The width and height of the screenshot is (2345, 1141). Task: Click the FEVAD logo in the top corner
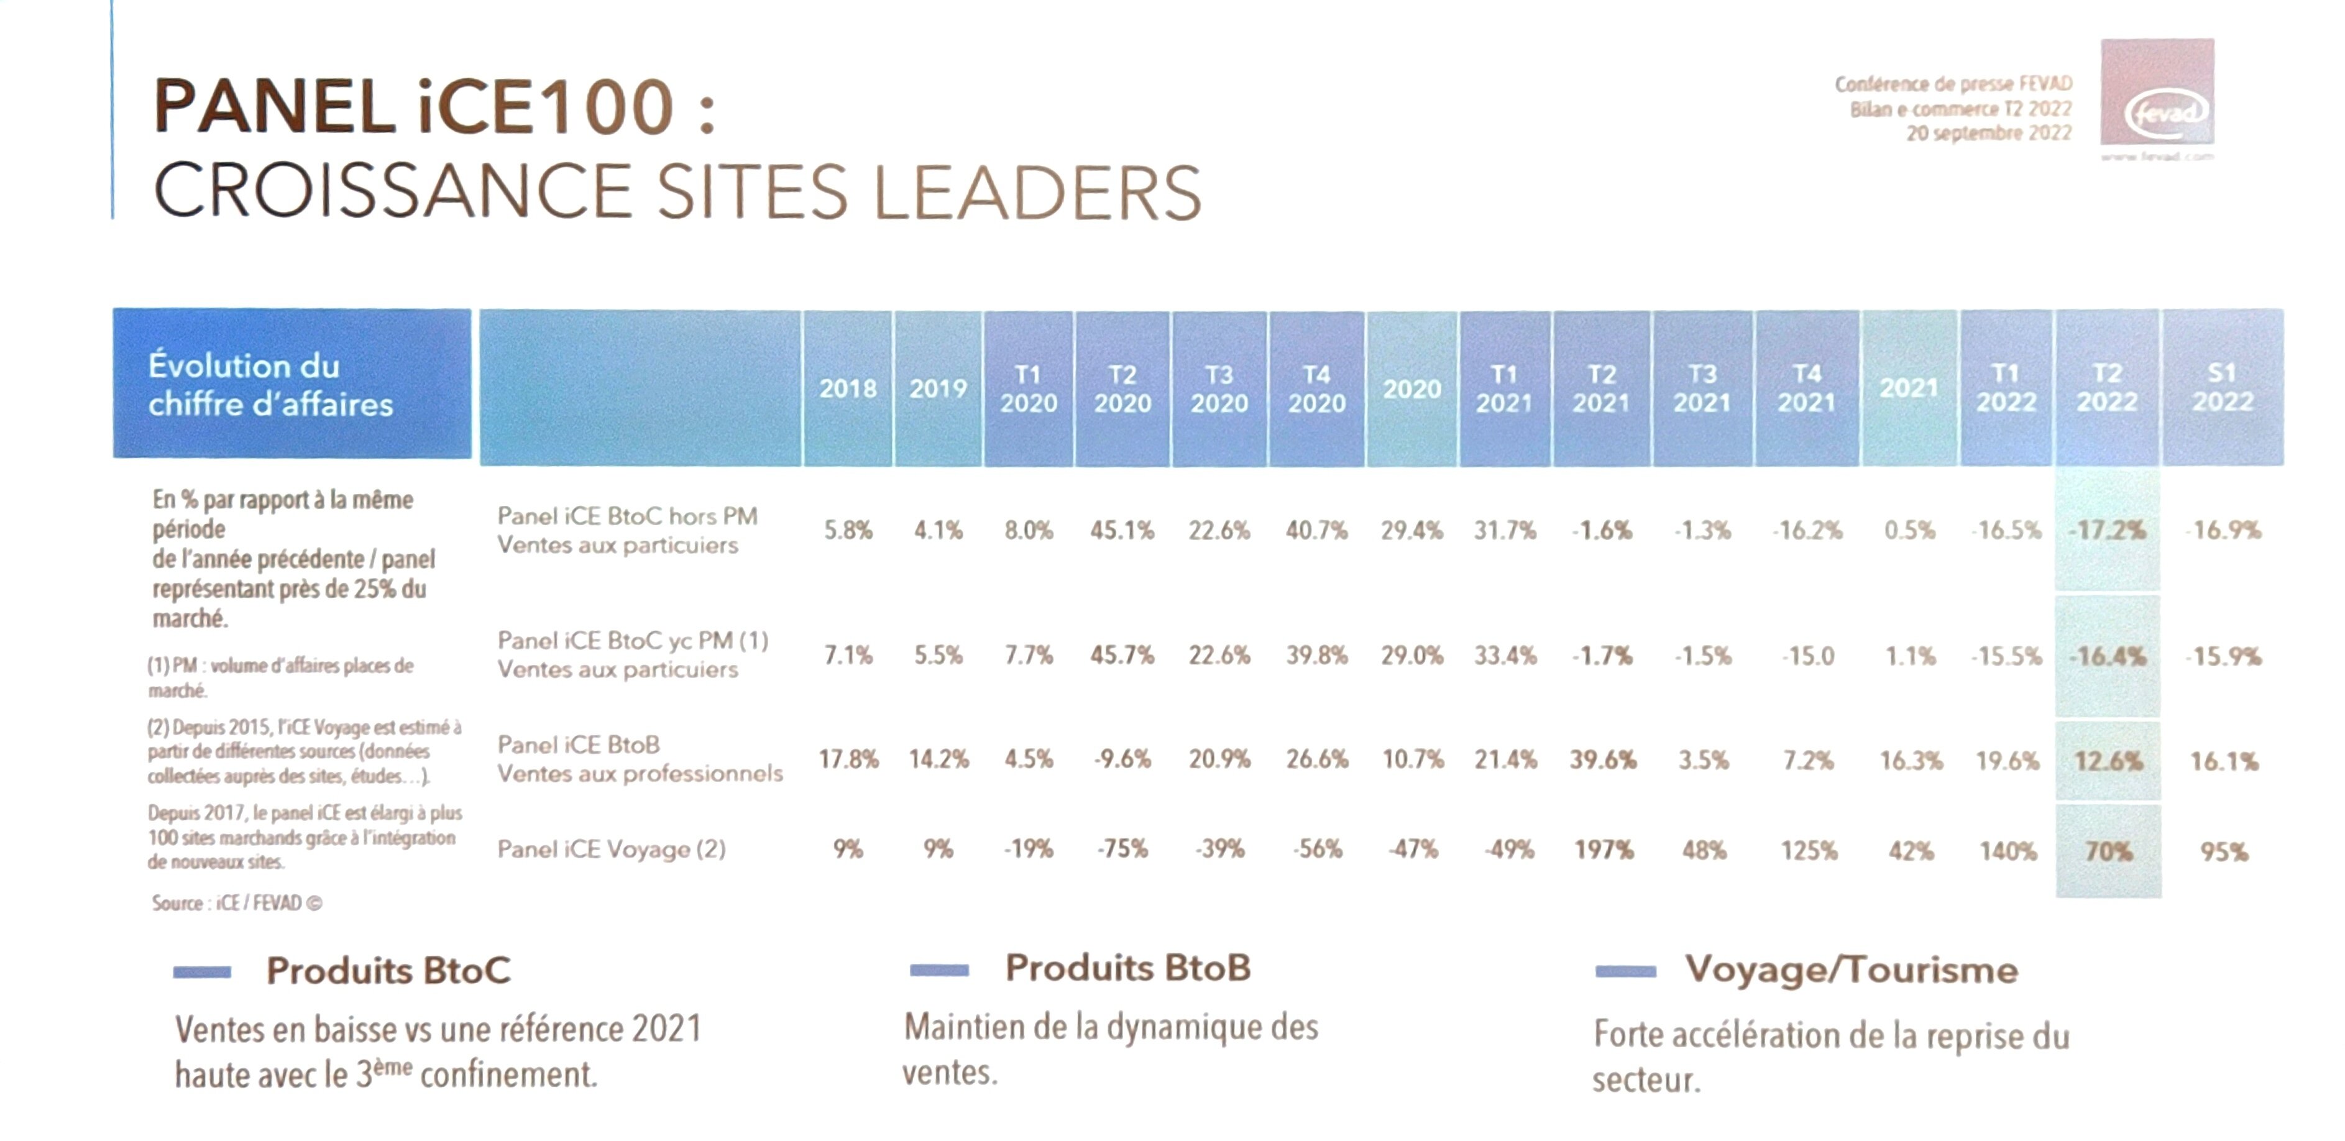tap(2157, 94)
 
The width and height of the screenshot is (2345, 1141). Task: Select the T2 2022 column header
tap(2106, 388)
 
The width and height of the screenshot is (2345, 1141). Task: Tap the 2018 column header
tap(848, 388)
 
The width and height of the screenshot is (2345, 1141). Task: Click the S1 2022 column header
tap(2222, 388)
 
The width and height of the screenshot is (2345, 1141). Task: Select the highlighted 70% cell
tap(2108, 851)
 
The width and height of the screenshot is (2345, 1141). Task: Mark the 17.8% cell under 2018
tap(848, 759)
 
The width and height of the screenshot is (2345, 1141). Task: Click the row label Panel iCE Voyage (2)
tap(611, 850)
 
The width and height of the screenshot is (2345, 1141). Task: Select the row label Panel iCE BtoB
tap(579, 745)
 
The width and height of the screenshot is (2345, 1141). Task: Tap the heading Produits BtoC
tap(388, 971)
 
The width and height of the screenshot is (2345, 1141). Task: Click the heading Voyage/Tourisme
tap(1851, 970)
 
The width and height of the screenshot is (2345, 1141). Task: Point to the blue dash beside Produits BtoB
tap(938, 970)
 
